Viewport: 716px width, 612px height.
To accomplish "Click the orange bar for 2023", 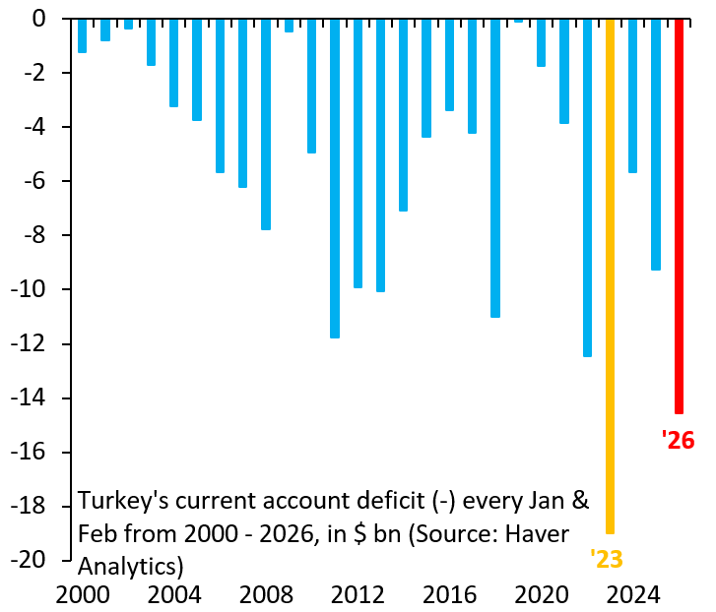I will pos(611,275).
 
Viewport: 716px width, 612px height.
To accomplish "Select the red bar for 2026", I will pos(679,216).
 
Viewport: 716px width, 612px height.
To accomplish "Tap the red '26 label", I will pos(678,440).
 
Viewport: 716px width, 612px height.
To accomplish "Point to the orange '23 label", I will pos(607,560).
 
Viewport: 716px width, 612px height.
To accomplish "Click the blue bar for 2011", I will pos(335,177).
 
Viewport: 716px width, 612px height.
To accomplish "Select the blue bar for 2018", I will pos(495,167).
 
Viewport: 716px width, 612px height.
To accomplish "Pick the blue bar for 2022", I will pos(587,187).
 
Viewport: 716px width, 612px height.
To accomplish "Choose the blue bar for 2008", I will pos(266,124).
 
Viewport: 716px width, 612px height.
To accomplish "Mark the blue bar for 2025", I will pos(656,144).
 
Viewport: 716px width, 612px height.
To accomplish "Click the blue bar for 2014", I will pos(404,114).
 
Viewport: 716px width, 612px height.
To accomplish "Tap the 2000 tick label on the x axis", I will pos(84,595).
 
